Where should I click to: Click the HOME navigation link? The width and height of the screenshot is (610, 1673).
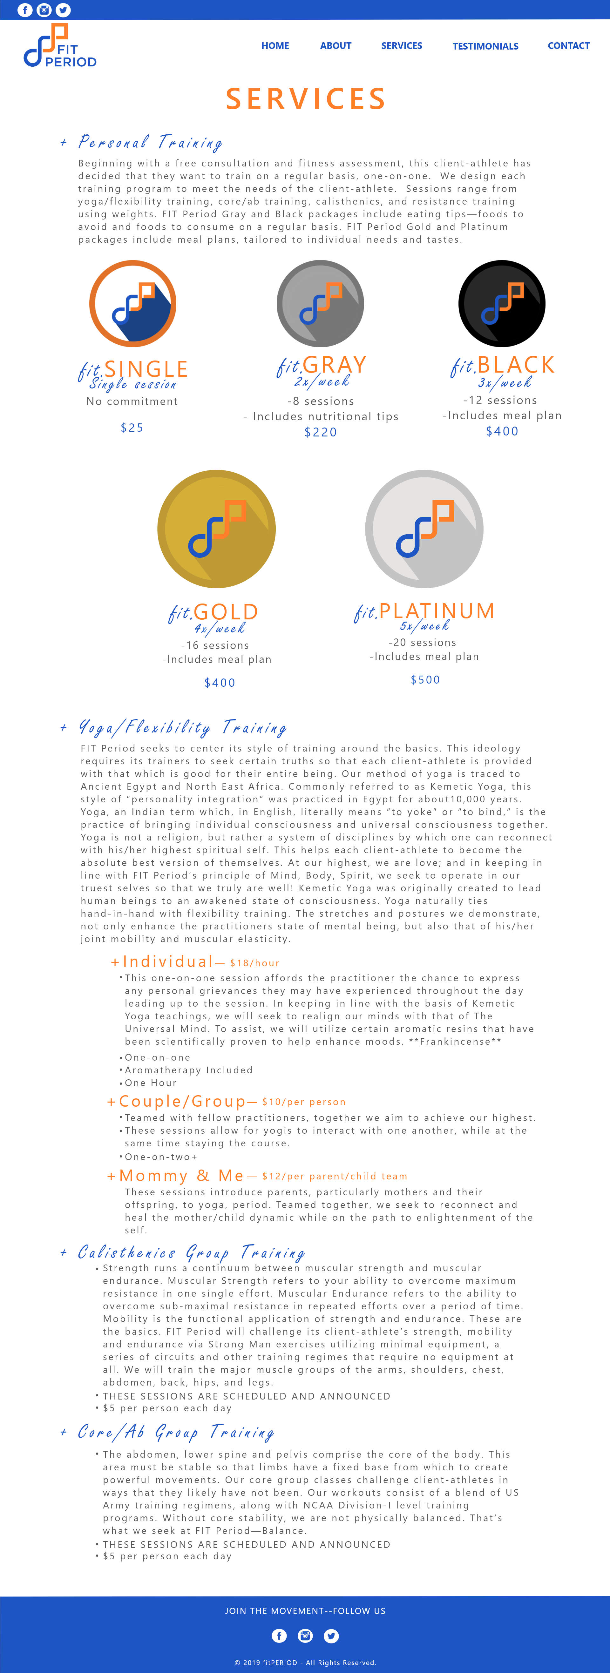[x=275, y=45]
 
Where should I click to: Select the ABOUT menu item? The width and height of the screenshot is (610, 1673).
[x=335, y=45]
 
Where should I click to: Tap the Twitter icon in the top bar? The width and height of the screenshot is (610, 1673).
[x=63, y=10]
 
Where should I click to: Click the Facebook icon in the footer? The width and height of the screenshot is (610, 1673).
[x=279, y=1635]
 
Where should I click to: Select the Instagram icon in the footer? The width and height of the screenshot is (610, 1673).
[x=305, y=1635]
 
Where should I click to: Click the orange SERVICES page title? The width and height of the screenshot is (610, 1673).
[x=305, y=99]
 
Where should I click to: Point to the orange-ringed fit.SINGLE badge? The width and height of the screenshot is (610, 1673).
[x=132, y=303]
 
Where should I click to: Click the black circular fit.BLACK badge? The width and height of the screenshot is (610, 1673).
[x=502, y=303]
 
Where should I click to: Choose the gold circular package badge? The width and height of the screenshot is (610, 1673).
[x=216, y=529]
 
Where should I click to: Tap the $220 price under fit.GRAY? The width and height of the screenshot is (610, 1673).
[x=320, y=433]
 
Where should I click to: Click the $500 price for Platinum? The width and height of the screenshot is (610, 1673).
[x=425, y=679]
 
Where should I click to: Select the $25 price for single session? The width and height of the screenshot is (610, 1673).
[x=132, y=427]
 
